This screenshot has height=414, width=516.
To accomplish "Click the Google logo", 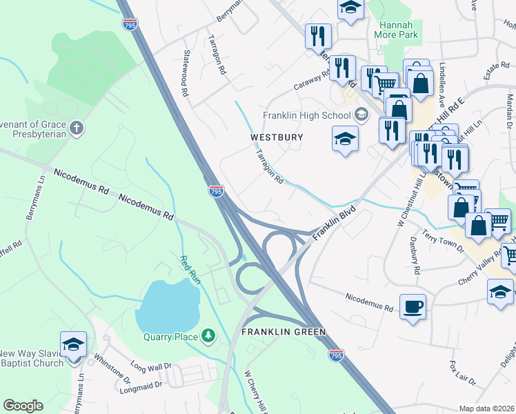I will tap(23, 406).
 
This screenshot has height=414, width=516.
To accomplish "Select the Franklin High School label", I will tap(307, 115).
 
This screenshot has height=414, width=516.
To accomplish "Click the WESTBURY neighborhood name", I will tap(277, 137).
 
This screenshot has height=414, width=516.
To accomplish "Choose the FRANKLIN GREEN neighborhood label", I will tap(283, 332).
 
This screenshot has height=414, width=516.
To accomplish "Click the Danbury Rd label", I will tap(415, 258).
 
